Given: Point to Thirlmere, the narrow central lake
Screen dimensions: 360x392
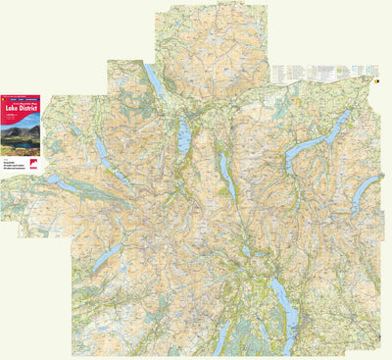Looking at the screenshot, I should click(225, 175).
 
